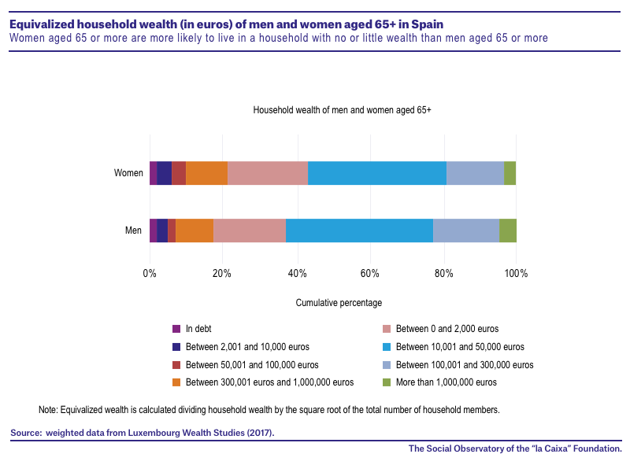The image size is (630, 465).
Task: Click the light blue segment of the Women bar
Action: (x=377, y=173)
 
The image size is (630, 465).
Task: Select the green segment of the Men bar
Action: (x=508, y=231)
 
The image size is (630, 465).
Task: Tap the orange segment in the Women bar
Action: (x=206, y=173)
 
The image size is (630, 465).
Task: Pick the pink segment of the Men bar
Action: (x=250, y=231)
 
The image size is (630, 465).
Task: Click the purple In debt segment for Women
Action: (x=153, y=173)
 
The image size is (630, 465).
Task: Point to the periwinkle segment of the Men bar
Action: (x=466, y=231)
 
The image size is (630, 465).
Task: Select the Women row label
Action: (x=128, y=173)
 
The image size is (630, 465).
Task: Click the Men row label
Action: (x=133, y=231)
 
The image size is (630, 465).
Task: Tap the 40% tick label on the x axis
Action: (x=298, y=274)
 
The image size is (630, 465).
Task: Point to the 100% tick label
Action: (x=516, y=274)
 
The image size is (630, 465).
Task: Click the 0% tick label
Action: (x=150, y=274)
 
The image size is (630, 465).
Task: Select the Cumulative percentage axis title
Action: (x=339, y=303)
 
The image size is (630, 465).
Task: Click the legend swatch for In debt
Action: (x=176, y=329)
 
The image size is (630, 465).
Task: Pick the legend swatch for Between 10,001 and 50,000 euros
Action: (x=387, y=347)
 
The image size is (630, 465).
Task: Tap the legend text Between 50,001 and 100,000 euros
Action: (x=252, y=365)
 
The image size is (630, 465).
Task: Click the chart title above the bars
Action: (x=342, y=110)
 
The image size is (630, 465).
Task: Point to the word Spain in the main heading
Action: (x=428, y=24)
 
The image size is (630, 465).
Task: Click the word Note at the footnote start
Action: (x=48, y=410)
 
